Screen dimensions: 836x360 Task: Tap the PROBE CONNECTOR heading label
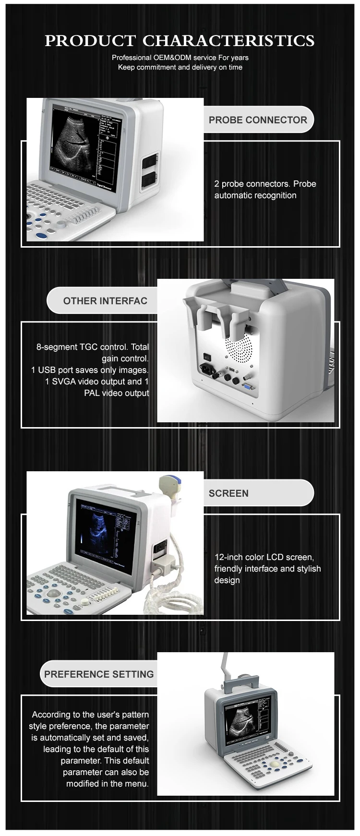(x=258, y=120)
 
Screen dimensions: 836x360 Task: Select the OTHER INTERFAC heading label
(x=105, y=301)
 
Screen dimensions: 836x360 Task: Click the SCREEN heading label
(x=228, y=493)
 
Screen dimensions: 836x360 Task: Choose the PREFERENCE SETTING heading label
(x=99, y=674)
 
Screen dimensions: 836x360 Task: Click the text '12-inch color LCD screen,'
(x=264, y=557)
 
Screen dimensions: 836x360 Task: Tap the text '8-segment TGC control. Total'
(x=93, y=347)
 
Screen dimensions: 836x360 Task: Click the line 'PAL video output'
(x=117, y=393)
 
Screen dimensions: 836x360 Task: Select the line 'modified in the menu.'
(x=108, y=784)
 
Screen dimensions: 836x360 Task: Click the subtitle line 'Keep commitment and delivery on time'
(x=180, y=67)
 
